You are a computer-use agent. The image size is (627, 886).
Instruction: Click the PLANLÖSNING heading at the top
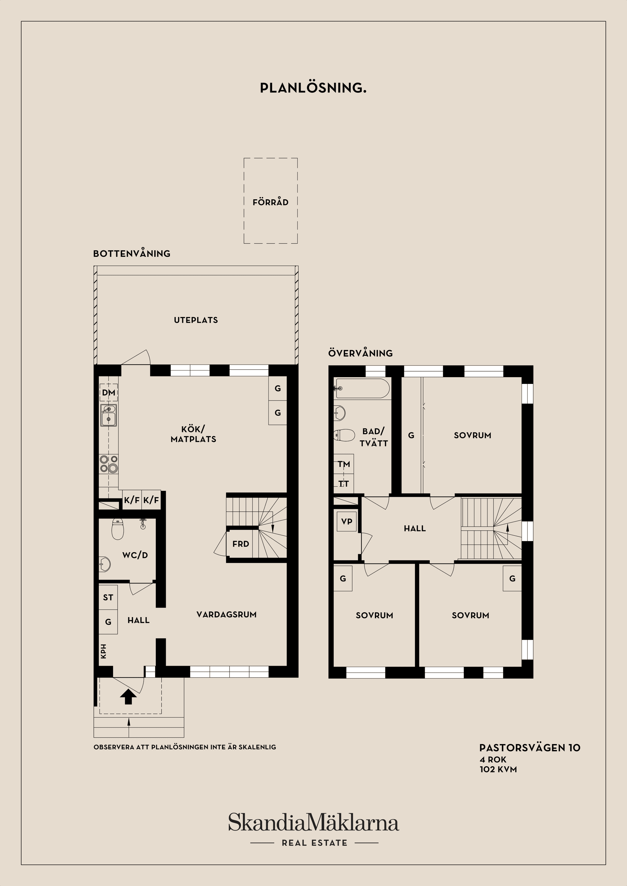(x=313, y=88)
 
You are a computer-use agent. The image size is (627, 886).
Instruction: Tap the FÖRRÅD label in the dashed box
(x=270, y=202)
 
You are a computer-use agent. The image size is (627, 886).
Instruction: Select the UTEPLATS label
(x=196, y=320)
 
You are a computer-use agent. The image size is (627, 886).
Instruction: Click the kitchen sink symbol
(x=109, y=415)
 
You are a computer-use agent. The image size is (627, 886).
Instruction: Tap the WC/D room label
(x=135, y=555)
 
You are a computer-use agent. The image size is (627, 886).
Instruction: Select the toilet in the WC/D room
(x=118, y=529)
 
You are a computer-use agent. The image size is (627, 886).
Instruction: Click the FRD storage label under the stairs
(x=241, y=544)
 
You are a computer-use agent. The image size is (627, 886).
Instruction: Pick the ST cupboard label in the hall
(x=108, y=598)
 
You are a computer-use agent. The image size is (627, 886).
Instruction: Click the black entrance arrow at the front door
(x=128, y=697)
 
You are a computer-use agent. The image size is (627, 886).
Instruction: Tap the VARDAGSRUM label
(x=226, y=615)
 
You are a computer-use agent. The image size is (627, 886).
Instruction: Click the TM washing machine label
(x=344, y=464)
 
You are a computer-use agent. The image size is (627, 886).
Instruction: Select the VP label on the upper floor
(x=346, y=521)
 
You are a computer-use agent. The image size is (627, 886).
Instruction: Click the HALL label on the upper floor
(x=415, y=529)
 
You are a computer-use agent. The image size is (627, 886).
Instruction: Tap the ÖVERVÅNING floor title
(x=361, y=353)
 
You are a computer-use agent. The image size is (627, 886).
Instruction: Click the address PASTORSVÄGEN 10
(x=530, y=748)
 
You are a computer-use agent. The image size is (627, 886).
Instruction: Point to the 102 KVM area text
(x=498, y=770)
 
